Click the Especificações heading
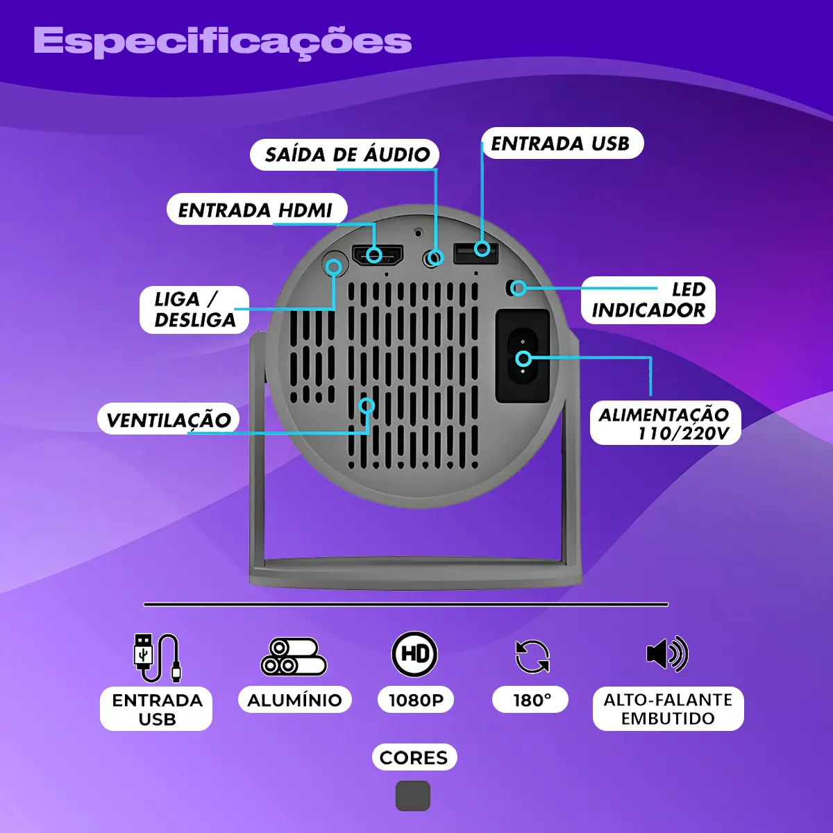click(x=223, y=42)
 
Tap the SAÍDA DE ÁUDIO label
click(x=344, y=154)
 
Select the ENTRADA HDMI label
click(x=257, y=210)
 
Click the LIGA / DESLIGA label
click(x=194, y=310)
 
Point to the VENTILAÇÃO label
click(x=168, y=419)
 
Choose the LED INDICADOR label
click(x=648, y=300)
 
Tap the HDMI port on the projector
click(x=378, y=255)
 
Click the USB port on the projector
click(x=476, y=253)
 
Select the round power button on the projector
click(x=335, y=263)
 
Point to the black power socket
click(x=523, y=356)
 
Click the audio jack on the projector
click(x=432, y=258)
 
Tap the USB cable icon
click(x=157, y=657)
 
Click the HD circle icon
click(x=414, y=654)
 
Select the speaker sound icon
click(x=667, y=655)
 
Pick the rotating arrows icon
click(x=532, y=657)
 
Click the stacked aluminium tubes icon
click(x=294, y=657)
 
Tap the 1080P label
click(x=416, y=700)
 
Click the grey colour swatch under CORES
click(x=413, y=796)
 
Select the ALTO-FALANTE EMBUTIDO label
click(x=668, y=709)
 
